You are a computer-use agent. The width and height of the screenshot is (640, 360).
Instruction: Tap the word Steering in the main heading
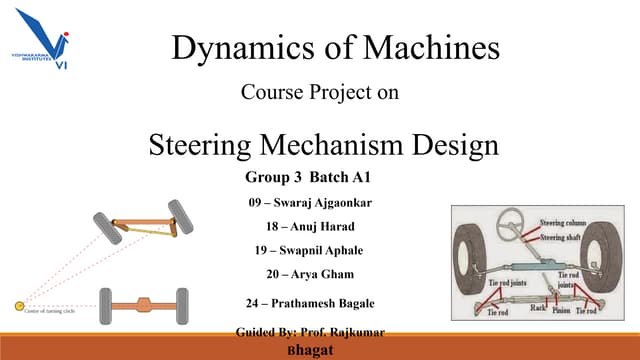point(206,145)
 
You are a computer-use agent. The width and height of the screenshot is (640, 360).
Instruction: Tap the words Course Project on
point(320,93)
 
